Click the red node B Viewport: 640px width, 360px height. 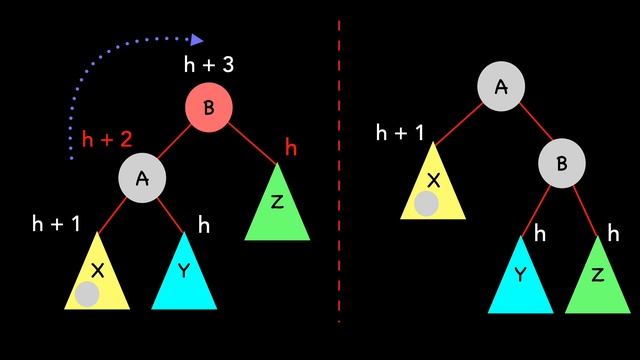coord(209,108)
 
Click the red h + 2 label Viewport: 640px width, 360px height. coord(107,141)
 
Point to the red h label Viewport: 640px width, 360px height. coord(291,149)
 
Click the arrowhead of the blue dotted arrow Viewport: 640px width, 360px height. coord(197,40)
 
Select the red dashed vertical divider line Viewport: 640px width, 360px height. coord(339,170)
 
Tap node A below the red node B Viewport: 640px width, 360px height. coord(142,178)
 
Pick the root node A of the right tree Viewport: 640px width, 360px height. coord(501,87)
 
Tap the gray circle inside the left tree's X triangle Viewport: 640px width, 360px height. coord(88,294)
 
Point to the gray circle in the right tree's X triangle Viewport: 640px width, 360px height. coord(426,204)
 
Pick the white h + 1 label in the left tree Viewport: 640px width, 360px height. coord(55,224)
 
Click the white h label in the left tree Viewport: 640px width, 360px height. coord(204,225)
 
